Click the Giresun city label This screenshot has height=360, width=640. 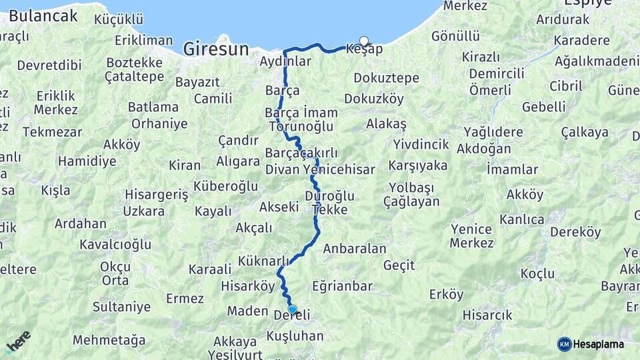tap(215, 49)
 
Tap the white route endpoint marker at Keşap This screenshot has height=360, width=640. tap(364, 41)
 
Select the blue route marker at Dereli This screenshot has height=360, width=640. tap(292, 309)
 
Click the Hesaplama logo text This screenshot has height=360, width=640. tap(599, 344)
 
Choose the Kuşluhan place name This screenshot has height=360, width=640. tap(294, 336)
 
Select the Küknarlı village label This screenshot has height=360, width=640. tap(263, 260)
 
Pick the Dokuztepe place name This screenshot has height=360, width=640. tap(386, 78)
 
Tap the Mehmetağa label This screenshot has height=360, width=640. tap(109, 340)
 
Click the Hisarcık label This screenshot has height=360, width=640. tap(487, 315)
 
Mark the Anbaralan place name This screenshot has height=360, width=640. tap(355, 249)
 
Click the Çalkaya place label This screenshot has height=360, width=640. tap(585, 132)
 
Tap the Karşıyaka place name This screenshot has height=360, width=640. tap(418, 165)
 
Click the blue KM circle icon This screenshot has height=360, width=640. tap(564, 344)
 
